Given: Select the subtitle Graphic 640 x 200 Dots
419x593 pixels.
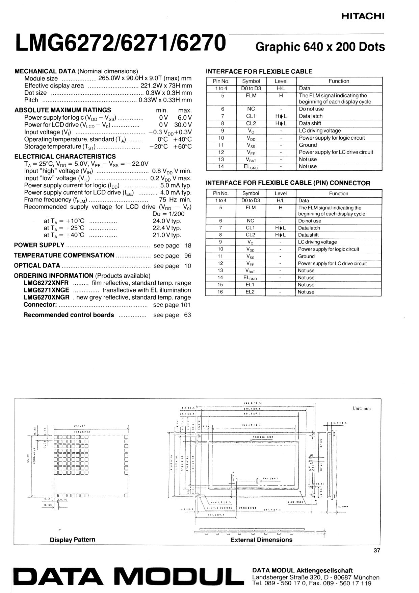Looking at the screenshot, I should (320, 47).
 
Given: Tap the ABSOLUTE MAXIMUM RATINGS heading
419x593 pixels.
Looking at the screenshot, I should (63, 110).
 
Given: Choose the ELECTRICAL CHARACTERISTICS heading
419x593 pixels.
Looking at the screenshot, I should (65, 157).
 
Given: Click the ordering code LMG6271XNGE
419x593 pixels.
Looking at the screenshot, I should (46, 290).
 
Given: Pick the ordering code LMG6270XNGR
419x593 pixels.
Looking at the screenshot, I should (47, 298).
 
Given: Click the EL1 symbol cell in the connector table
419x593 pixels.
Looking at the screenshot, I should (250, 285).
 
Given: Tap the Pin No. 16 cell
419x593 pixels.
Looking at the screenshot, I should (220, 292).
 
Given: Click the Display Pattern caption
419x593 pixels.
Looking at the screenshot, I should (73, 540).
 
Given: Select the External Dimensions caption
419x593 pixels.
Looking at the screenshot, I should (261, 540).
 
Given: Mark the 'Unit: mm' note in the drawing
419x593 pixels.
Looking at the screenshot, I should (362, 408).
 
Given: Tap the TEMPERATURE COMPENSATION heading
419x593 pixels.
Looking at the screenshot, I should (64, 255).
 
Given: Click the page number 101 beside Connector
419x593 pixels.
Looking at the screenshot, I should (186, 305).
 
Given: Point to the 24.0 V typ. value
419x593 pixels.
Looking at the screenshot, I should (167, 221).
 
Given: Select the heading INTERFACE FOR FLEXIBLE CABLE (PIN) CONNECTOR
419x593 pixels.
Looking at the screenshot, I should (288, 183).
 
